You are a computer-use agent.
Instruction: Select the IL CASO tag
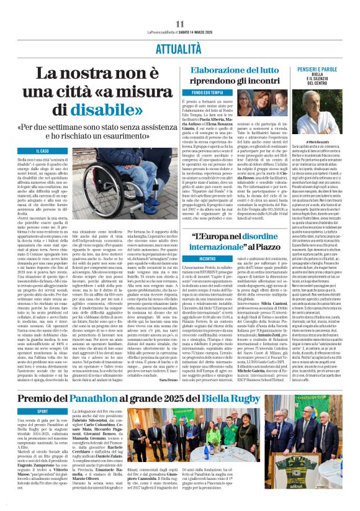(42, 151)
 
